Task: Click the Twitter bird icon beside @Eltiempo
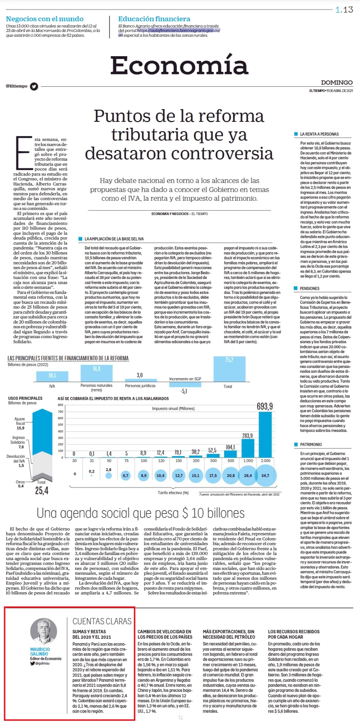point(34,86)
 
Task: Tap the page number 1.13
point(344,10)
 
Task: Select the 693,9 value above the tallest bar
point(265,406)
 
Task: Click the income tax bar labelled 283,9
point(248,448)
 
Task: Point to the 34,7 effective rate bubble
point(265,476)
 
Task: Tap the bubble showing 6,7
point(126,476)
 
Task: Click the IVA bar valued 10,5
point(52,376)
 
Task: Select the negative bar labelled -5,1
point(185,384)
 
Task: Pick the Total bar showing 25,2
point(229,369)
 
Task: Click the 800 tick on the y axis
point(60,405)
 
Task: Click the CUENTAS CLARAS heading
point(102,622)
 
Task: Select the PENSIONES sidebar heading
point(310,288)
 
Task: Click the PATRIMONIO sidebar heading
point(311,444)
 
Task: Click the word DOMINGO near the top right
point(337,82)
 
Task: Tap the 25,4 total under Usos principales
point(42,490)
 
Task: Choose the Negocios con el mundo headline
point(45,19)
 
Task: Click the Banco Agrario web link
point(179,30)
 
